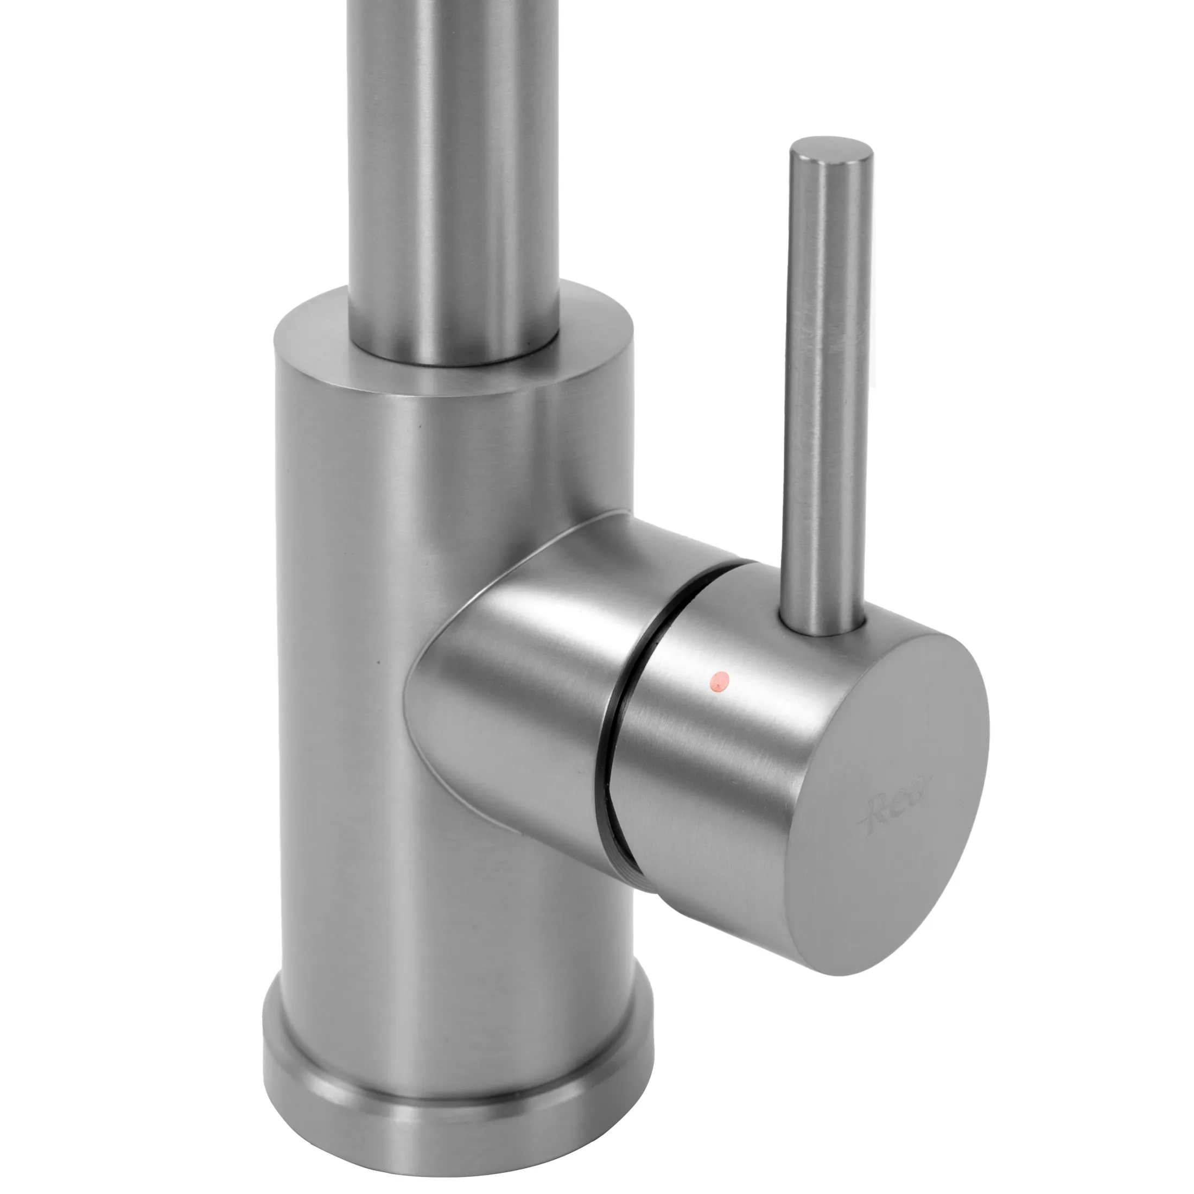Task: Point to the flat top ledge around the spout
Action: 593,346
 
